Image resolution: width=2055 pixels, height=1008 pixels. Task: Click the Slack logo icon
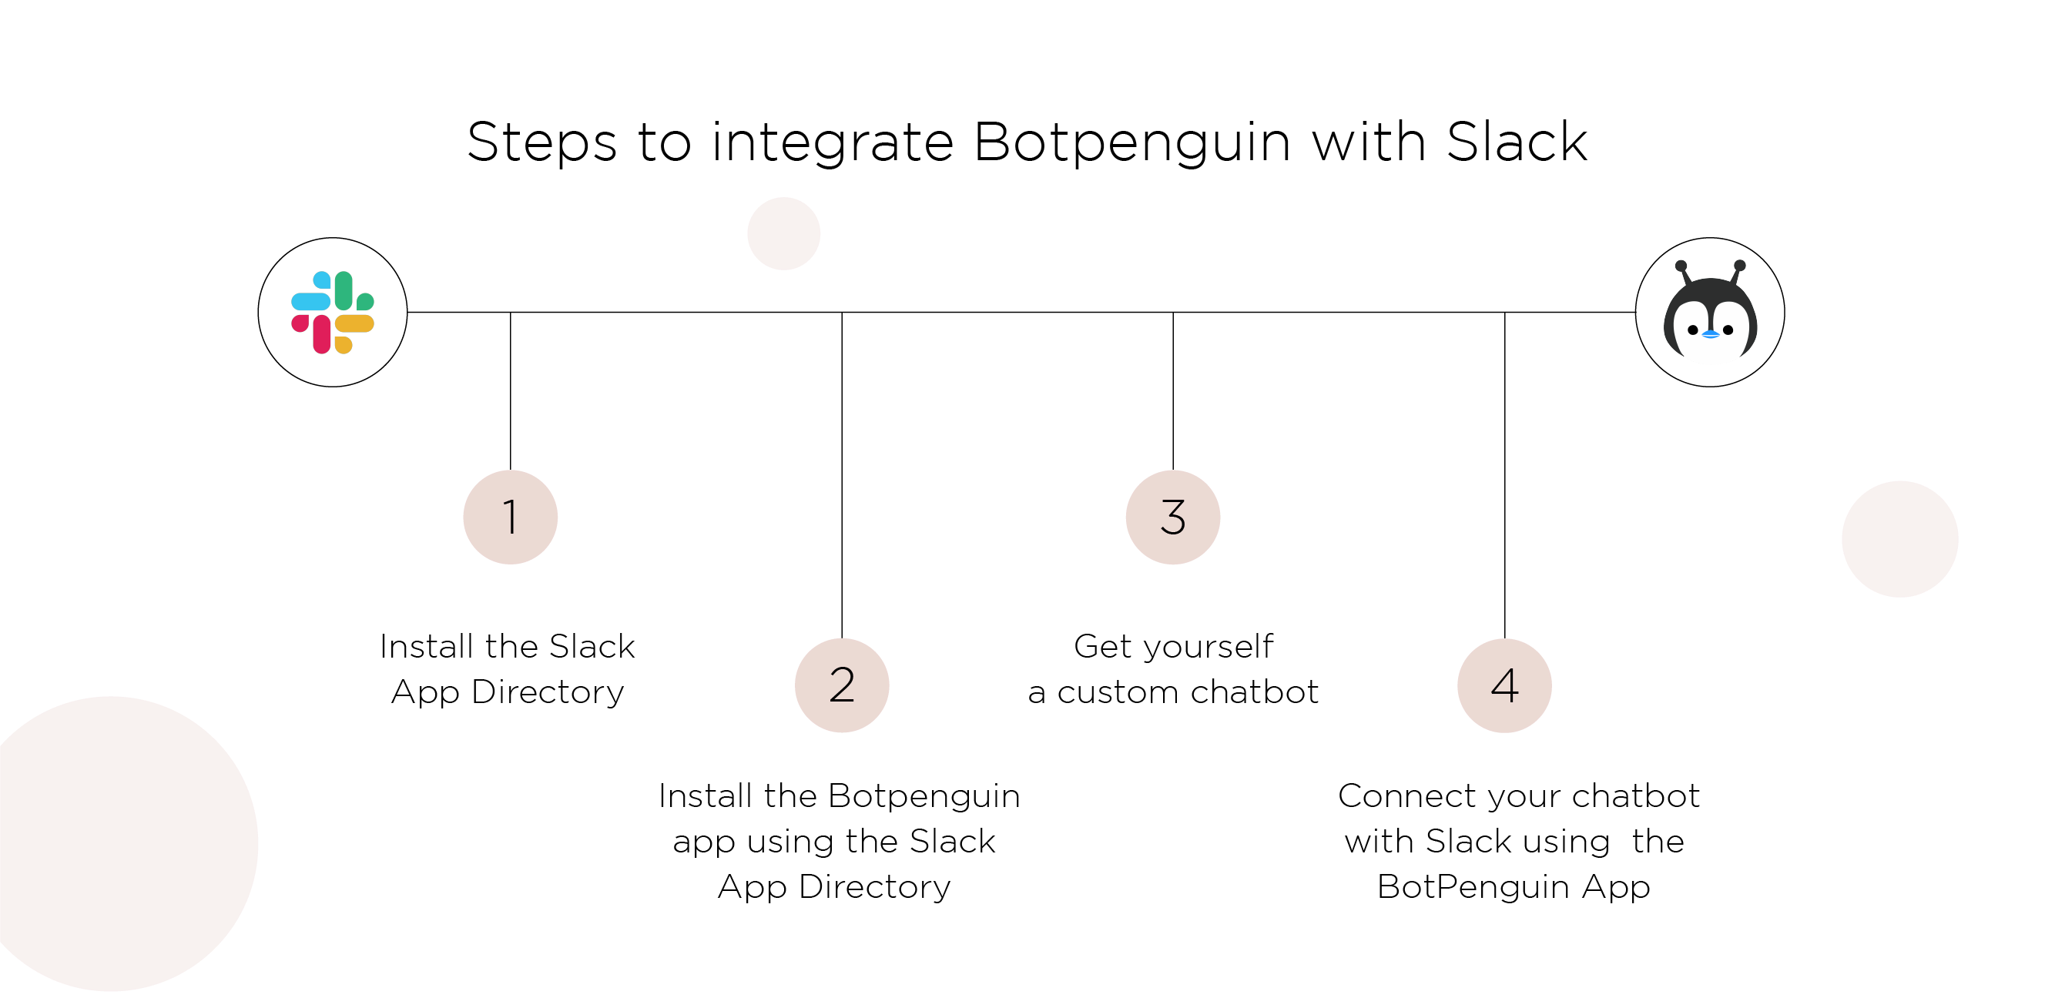tap(333, 312)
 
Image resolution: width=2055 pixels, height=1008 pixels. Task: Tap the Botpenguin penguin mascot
tap(1710, 313)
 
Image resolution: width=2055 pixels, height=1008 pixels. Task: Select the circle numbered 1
tap(510, 517)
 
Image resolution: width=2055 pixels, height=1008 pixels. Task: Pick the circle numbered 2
tap(842, 685)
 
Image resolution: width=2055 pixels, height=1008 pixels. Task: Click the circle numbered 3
tap(1172, 517)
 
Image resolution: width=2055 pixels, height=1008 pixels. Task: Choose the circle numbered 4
tap(1504, 685)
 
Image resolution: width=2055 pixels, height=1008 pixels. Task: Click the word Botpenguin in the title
tap(1131, 143)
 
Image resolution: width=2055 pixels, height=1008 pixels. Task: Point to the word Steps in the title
tap(541, 143)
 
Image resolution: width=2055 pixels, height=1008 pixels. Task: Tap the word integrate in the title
tap(832, 143)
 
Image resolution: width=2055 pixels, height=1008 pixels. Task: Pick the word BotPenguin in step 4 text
tap(1473, 887)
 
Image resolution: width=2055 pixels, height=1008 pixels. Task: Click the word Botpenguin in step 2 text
tap(924, 796)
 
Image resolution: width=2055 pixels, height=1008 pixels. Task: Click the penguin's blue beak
tap(1711, 334)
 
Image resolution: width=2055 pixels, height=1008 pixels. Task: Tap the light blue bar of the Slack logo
tap(310, 301)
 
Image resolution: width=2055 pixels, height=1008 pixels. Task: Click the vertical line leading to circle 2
tap(842, 475)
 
